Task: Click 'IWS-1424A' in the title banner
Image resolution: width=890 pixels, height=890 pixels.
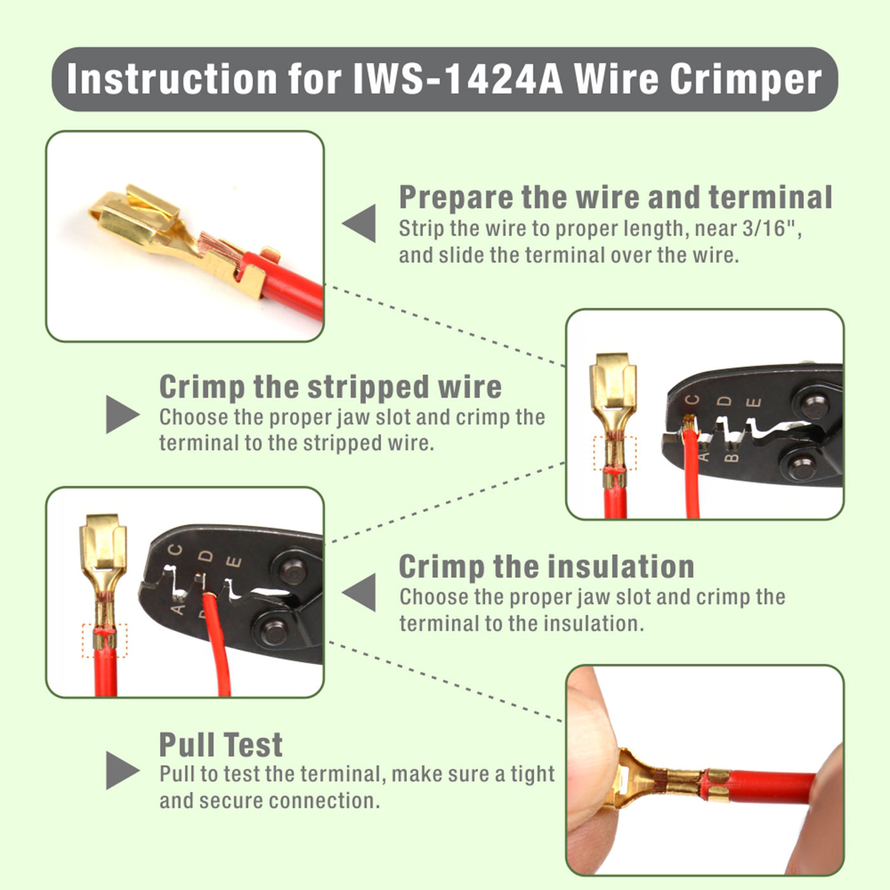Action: [458, 79]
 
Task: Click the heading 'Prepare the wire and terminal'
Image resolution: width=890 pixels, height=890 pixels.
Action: [615, 197]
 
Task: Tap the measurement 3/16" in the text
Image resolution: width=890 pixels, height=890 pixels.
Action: [770, 228]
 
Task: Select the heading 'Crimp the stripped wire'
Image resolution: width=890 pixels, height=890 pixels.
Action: [330, 387]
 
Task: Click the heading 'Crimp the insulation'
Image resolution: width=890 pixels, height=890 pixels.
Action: [546, 566]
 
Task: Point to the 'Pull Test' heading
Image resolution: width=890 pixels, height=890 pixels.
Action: [221, 744]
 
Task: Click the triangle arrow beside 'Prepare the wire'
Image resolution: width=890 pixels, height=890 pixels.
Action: [361, 223]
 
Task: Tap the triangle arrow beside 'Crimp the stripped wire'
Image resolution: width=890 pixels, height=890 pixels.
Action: [121, 414]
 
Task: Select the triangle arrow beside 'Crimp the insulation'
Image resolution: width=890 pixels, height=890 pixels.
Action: [361, 592]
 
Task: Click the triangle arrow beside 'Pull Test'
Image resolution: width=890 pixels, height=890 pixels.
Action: [121, 770]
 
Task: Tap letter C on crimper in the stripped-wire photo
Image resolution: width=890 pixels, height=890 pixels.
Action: [693, 400]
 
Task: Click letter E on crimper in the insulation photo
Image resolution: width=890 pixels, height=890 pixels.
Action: [235, 562]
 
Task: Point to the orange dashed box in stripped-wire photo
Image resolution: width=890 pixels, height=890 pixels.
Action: [614, 453]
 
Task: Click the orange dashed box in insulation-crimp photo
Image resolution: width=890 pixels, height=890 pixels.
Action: [104, 640]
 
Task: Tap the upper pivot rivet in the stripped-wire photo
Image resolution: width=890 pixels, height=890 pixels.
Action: [814, 403]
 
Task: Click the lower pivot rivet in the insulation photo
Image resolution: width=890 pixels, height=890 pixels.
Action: [274, 632]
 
